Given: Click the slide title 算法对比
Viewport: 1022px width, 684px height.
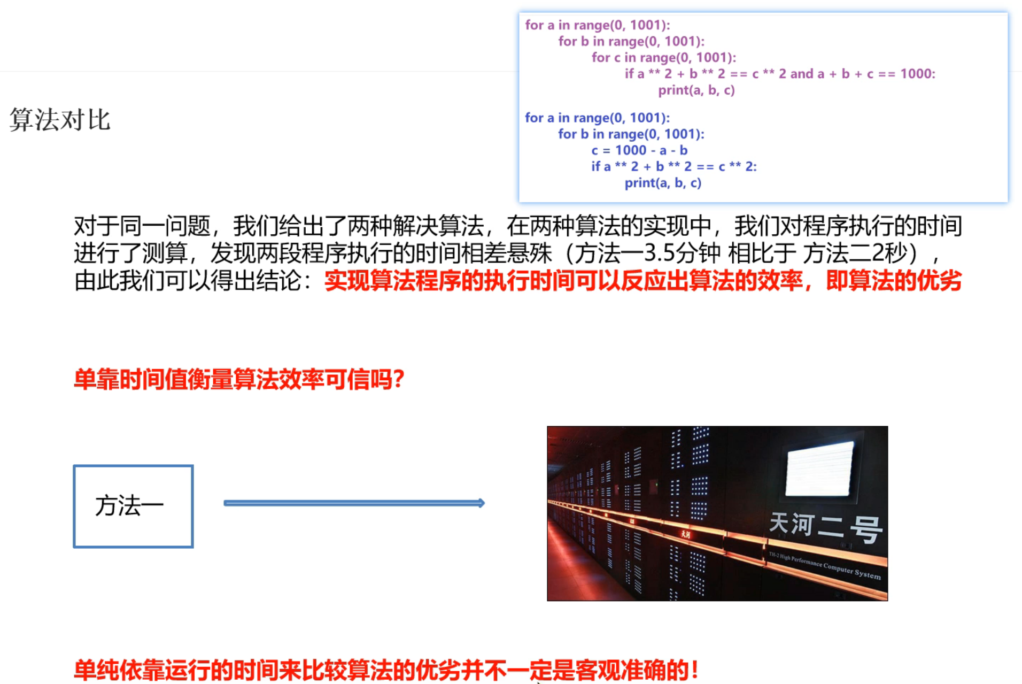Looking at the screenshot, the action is [x=60, y=120].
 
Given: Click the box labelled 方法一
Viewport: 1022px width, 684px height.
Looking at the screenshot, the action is [x=133, y=506].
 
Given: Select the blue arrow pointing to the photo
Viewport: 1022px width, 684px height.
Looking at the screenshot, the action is [x=354, y=503].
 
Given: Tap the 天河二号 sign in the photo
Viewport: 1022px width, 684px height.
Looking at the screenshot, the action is [x=824, y=527].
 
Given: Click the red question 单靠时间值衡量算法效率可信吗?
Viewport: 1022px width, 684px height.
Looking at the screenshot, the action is [x=239, y=380].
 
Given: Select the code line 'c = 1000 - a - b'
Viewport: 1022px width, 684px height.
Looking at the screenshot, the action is [x=639, y=150].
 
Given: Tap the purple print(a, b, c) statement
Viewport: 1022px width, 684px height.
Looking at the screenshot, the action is [x=696, y=90].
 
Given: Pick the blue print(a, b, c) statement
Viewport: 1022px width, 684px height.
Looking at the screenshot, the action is [x=663, y=183].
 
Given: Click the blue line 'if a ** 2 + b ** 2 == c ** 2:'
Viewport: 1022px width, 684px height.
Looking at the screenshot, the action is [x=673, y=166].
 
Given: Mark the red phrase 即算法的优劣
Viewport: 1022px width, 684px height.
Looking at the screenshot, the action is [x=893, y=281].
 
